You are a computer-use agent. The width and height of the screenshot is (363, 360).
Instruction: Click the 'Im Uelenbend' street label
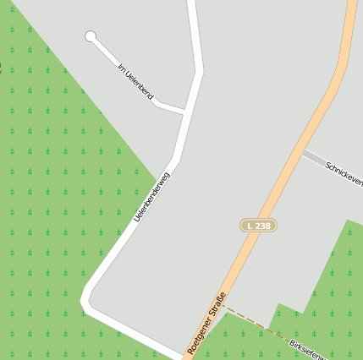(136, 80)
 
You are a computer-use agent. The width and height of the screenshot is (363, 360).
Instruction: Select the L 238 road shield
(258, 226)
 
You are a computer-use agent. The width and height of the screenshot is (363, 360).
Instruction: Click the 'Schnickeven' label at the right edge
(344, 172)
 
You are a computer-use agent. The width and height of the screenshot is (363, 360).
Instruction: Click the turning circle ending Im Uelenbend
(91, 36)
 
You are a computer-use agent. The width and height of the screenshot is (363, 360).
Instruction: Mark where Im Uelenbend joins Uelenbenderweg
(185, 112)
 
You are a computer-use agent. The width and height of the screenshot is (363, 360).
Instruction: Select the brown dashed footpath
(254, 322)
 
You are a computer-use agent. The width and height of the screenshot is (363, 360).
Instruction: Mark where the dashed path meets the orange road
(226, 307)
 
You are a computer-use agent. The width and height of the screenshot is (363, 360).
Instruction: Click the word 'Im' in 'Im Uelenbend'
(122, 66)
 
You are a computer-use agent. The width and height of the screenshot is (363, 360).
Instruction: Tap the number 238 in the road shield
(262, 226)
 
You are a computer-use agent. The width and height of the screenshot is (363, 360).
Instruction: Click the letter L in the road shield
(250, 226)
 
